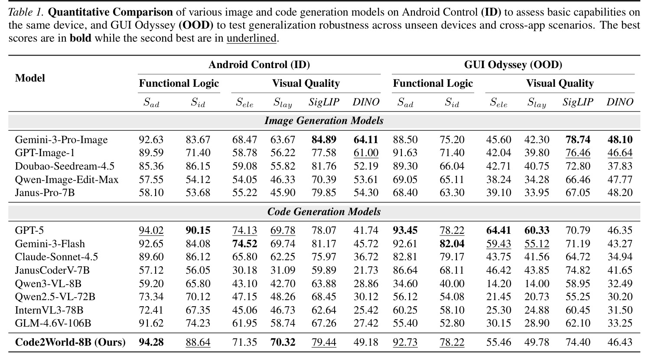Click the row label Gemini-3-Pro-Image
[61, 140]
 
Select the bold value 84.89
[324, 140]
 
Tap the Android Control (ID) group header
[259, 64]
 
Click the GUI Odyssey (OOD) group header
[513, 64]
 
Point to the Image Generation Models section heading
[324, 121]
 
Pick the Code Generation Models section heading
[324, 212]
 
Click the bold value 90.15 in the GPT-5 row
[198, 230]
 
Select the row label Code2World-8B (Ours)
[70, 342]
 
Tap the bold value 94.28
[151, 342]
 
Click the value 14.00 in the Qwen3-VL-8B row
[537, 283]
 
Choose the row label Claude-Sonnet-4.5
[56, 257]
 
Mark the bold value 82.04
[452, 244]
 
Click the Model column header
[30, 78]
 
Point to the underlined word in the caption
[251, 38]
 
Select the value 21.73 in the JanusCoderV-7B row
[366, 270]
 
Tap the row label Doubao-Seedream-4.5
[65, 166]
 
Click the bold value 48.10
[620, 140]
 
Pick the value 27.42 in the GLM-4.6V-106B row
[366, 323]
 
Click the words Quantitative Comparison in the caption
[110, 12]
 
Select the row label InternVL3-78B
[49, 310]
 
